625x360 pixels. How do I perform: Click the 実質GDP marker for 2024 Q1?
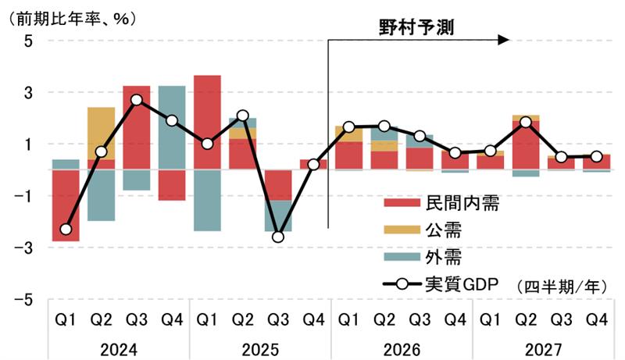66,230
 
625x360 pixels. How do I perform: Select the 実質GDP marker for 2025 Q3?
278,237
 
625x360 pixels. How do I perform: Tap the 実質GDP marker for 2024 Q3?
137,100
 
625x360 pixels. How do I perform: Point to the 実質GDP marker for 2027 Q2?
526,123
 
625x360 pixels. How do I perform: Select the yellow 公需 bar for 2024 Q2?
101,134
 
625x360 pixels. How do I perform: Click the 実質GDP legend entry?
442,284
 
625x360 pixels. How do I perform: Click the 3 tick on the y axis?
27,92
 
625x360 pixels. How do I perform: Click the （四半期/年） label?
561,286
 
